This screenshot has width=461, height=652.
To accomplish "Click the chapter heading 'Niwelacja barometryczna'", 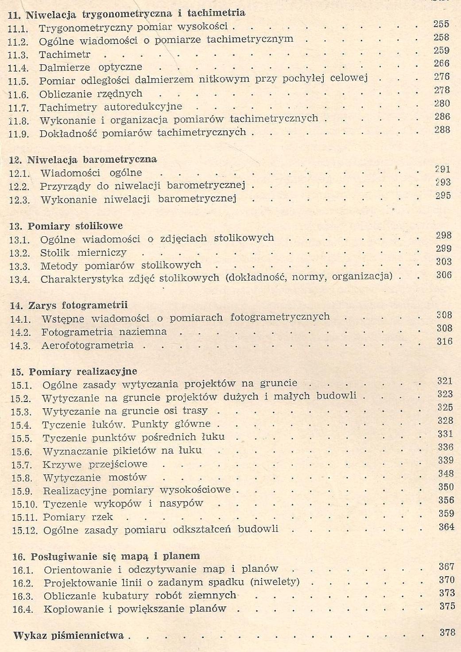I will [92, 160].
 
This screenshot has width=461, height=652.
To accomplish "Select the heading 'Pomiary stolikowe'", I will [75, 226].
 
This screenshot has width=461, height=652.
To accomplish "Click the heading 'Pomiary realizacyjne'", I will [83, 371].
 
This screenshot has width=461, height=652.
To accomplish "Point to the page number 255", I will [441, 24].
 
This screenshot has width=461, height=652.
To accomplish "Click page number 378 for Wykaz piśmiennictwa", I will [447, 632].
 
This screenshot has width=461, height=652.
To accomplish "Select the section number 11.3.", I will [18, 55].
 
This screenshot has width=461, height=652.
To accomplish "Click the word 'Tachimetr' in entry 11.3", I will [65, 55].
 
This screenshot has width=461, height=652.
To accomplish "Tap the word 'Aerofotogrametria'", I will [87, 345].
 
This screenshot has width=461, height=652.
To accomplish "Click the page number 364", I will [446, 527].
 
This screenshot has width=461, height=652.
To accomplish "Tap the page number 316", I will [444, 341].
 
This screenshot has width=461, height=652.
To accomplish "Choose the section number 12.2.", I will [19, 187].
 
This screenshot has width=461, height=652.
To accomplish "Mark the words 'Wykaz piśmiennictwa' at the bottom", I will [69, 636].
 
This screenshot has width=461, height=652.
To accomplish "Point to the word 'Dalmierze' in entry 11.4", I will [64, 68].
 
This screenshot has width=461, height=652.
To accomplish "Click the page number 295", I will [442, 195].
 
